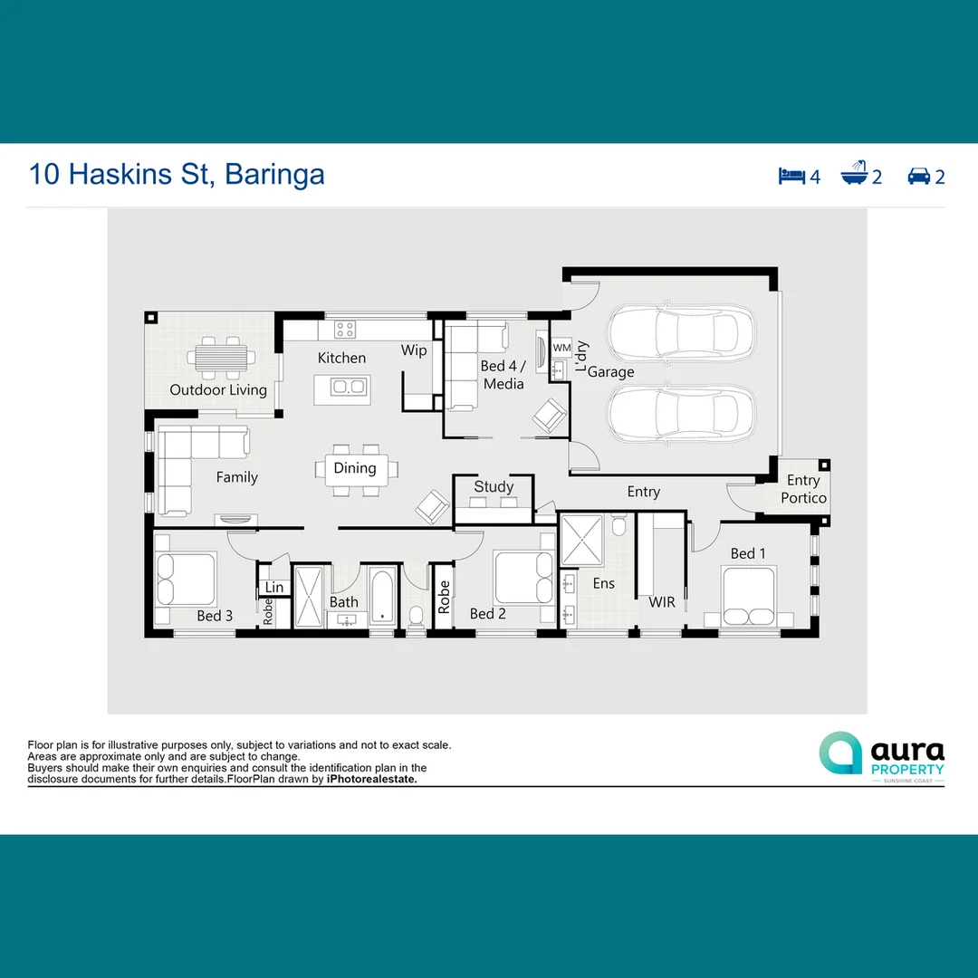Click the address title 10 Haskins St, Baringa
177,174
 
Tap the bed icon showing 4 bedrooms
791,175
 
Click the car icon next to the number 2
918,176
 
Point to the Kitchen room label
341,359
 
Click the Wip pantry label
414,350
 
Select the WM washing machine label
561,348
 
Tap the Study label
494,486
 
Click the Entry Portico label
803,489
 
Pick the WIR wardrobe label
662,602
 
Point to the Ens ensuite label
603,584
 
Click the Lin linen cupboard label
273,588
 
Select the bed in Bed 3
186,579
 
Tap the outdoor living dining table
220,358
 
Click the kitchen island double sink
349,388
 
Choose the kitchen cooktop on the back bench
345,329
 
